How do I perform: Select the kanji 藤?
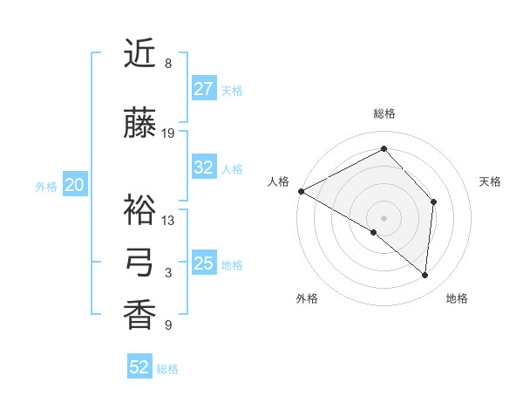coord(140,123)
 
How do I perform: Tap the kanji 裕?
coord(140,210)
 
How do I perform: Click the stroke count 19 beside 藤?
coord(168,133)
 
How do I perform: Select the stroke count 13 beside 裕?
coord(168,221)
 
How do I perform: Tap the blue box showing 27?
coord(204,89)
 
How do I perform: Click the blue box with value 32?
coord(204,167)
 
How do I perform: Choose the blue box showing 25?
coord(204,263)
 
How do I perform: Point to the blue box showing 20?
coord(75,185)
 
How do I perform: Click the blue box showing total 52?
coord(139,367)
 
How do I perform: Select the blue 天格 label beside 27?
coord(232,91)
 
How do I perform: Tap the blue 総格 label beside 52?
coord(167,369)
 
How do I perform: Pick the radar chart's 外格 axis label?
coord(307,298)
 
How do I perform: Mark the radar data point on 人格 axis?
coord(301,191)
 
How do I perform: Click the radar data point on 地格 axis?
coord(425,276)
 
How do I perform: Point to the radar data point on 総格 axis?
coord(384,149)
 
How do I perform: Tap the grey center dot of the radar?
coord(384,217)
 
